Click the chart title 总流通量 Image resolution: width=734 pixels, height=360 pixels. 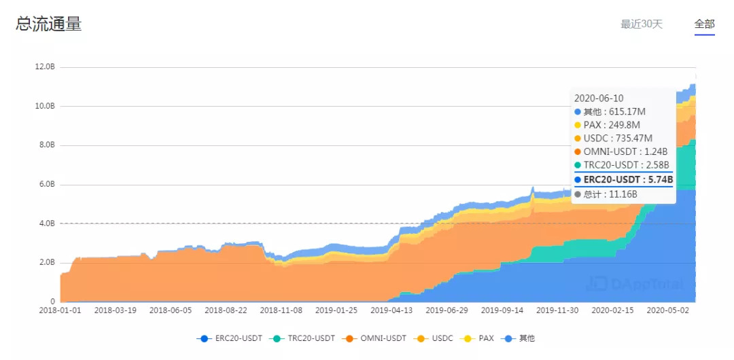coord(48,24)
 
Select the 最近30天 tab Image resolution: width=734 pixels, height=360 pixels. coord(641,24)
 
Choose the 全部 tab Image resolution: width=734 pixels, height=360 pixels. coord(704,24)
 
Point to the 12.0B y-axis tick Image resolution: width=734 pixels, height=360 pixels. coord(45,67)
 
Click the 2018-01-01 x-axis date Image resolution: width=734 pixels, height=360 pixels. coord(60,310)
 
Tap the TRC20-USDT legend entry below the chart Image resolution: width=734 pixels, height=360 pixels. coord(306,338)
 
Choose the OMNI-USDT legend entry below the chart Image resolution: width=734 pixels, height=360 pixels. coord(379,338)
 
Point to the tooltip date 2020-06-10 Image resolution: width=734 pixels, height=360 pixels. coord(598,98)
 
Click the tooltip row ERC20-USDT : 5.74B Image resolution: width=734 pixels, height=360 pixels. coord(623,180)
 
